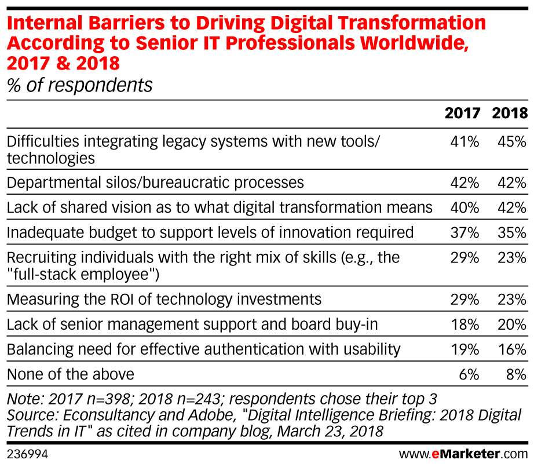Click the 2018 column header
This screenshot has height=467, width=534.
510,113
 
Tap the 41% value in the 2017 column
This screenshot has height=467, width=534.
464,141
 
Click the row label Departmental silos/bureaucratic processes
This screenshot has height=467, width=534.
155,183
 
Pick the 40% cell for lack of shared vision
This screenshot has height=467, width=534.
464,207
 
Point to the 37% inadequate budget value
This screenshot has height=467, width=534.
464,232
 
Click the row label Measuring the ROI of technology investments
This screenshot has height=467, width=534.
164,299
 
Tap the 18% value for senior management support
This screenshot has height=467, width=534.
464,324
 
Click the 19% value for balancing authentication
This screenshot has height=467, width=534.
464,349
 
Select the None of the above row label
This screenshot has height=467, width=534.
70,374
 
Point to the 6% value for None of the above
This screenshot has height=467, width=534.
469,374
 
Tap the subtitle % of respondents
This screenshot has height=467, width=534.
79,85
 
